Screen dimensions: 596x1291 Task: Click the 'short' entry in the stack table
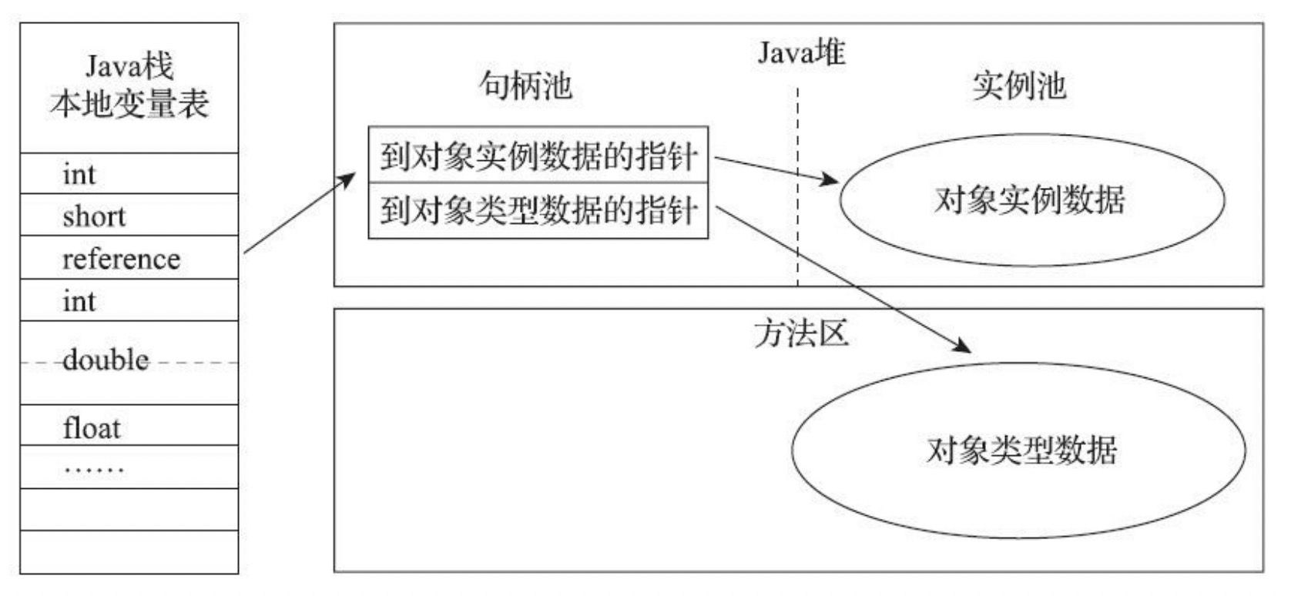pyautogui.click(x=94, y=216)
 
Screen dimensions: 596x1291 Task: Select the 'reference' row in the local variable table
pyautogui.click(x=121, y=259)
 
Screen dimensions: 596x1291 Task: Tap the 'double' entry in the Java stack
pyautogui.click(x=106, y=360)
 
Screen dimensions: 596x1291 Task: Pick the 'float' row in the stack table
pyautogui.click(x=92, y=428)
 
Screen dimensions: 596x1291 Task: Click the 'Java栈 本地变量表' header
pyautogui.click(x=129, y=86)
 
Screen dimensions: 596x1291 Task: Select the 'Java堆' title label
pyautogui.click(x=801, y=52)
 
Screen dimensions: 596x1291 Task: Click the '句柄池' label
pyautogui.click(x=525, y=85)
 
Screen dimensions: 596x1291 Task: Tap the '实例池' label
pyautogui.click(x=1018, y=86)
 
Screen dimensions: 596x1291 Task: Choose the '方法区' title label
pyautogui.click(x=801, y=334)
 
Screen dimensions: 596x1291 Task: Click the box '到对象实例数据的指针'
pyautogui.click(x=538, y=156)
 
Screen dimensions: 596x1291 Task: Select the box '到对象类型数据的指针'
pyautogui.click(x=538, y=210)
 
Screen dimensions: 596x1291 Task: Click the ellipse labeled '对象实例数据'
pyautogui.click(x=1031, y=200)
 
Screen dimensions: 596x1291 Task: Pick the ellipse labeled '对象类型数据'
pyautogui.click(x=1021, y=450)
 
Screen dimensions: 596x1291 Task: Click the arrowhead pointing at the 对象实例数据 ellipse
pyautogui.click(x=831, y=181)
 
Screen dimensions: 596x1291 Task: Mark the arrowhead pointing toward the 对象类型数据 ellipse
pyautogui.click(x=963, y=346)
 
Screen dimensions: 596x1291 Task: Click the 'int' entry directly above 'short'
pyautogui.click(x=79, y=174)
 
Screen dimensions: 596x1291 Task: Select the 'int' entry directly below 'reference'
pyautogui.click(x=79, y=301)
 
